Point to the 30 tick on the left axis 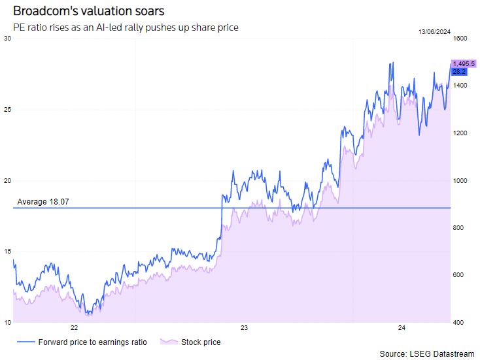(7, 39)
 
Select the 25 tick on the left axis (7, 110)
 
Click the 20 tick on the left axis (7, 180)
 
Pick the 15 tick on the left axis (7, 252)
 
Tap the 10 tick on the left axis (7, 322)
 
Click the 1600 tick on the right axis (460, 39)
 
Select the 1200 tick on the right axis (460, 133)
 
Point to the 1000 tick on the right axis (460, 180)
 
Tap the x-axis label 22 (74, 328)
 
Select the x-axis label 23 (243, 328)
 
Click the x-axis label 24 (402, 328)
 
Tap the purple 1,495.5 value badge (464, 63)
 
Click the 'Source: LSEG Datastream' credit (426, 353)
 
